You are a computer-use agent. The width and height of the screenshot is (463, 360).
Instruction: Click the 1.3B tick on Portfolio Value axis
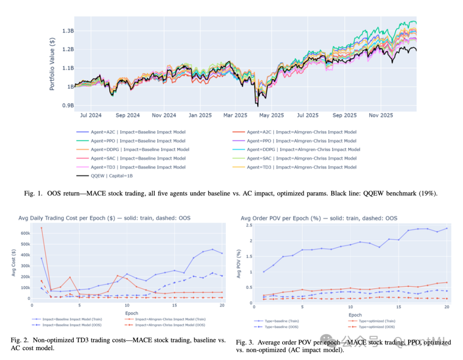(67, 31)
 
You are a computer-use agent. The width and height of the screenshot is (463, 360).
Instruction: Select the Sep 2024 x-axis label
(128, 115)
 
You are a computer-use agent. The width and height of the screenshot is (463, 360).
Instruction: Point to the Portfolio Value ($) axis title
(52, 63)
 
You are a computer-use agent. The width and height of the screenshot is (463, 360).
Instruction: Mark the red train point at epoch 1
(42, 228)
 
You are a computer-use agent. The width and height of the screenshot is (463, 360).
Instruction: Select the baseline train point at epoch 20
(447, 228)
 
